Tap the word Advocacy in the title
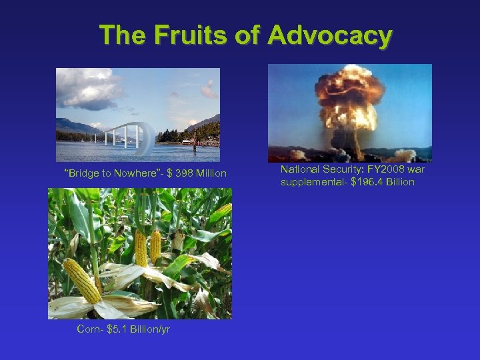pyautogui.click(x=329, y=35)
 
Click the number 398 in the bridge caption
pyautogui.click(x=185, y=174)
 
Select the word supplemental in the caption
pyautogui.click(x=310, y=182)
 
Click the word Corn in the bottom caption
pyautogui.click(x=88, y=329)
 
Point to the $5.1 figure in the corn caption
pyautogui.click(x=117, y=329)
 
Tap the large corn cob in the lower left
pyautogui.click(x=82, y=281)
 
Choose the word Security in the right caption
pyautogui.click(x=343, y=170)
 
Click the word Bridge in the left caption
pyautogui.click(x=81, y=174)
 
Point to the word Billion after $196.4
pyautogui.click(x=399, y=182)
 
